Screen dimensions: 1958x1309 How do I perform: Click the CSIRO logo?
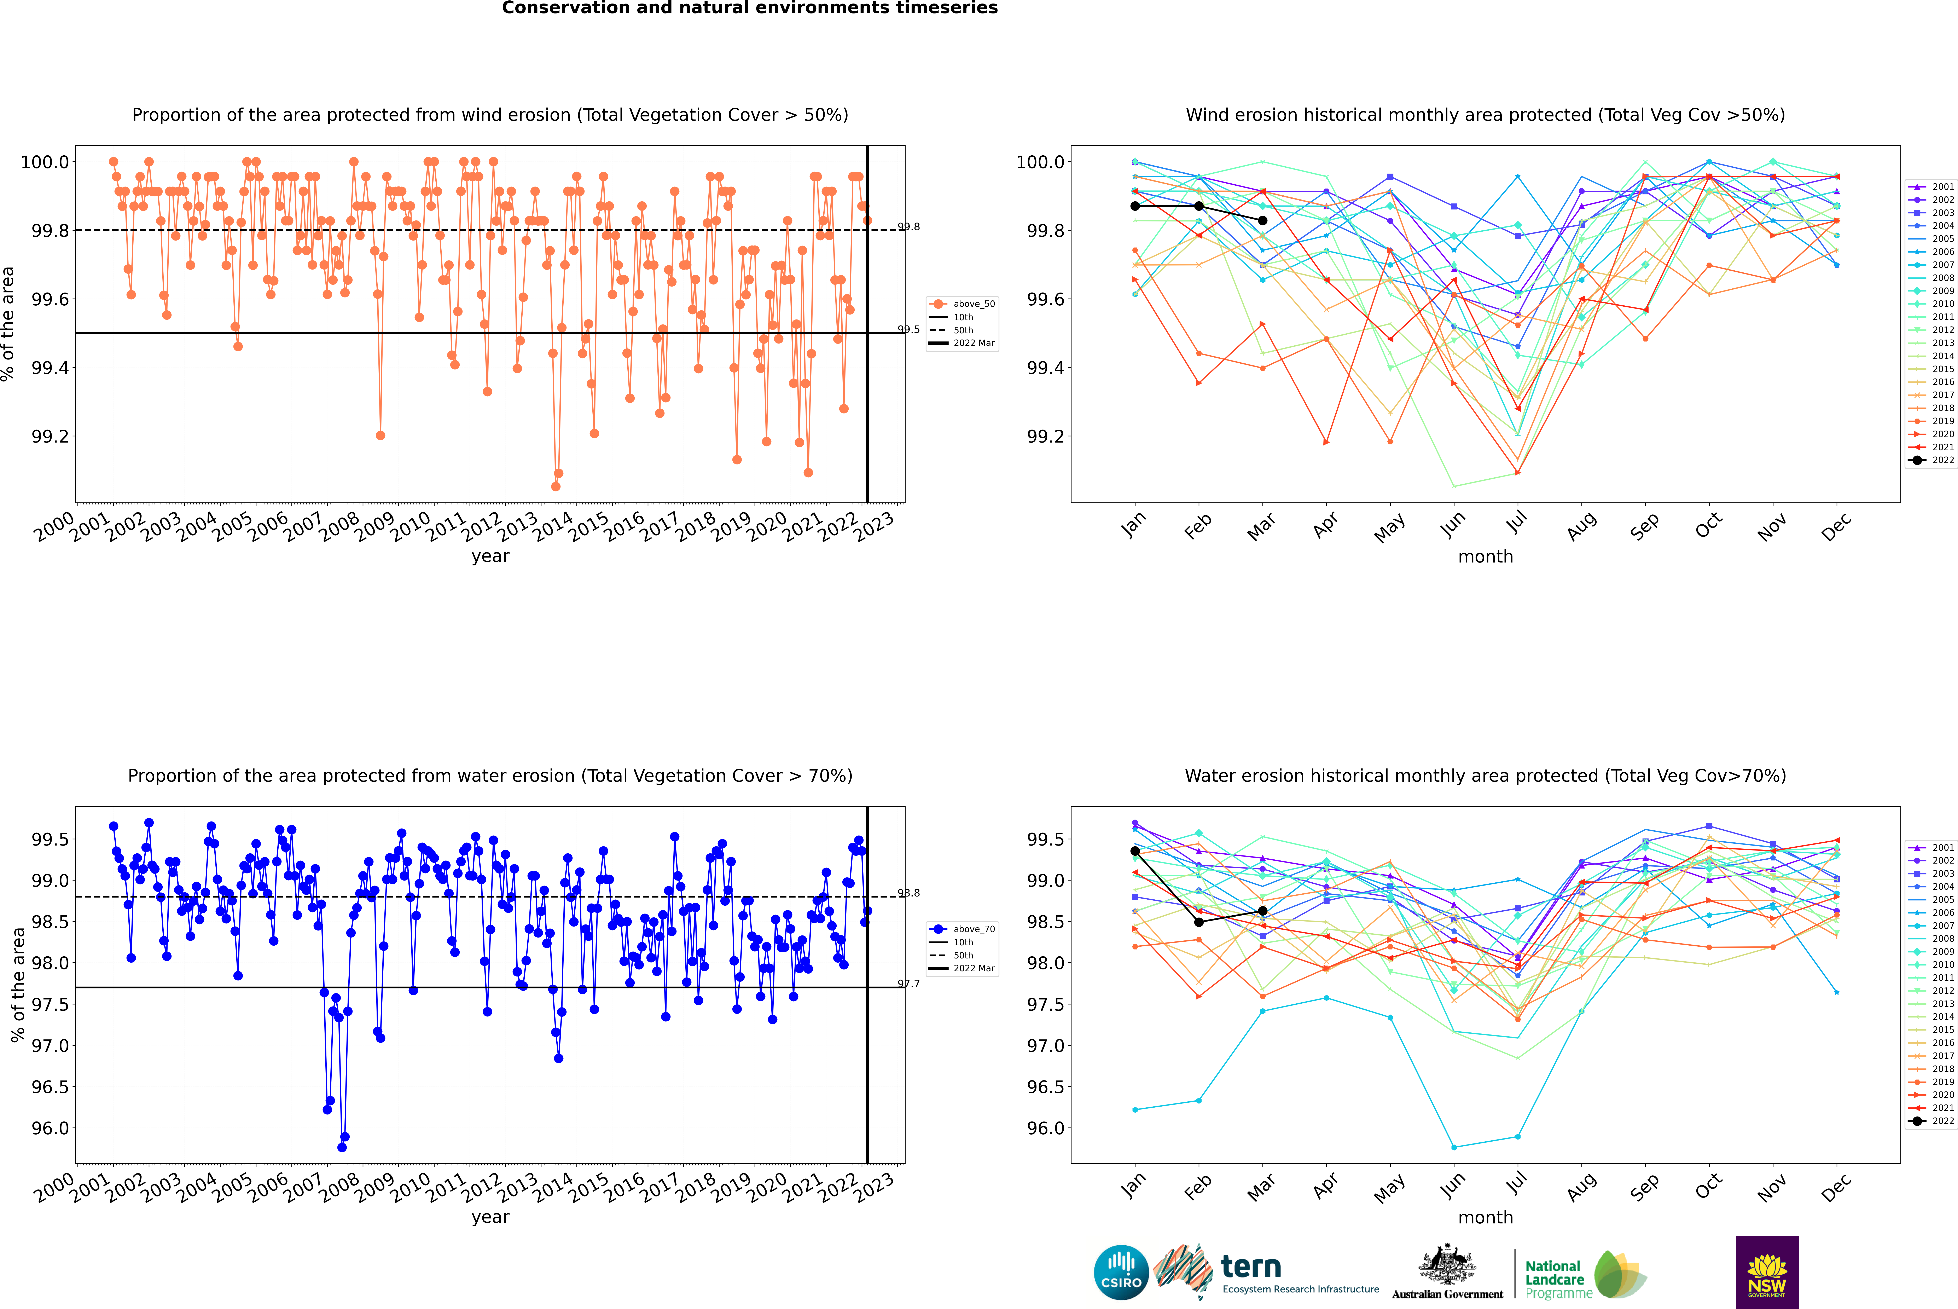click(x=1121, y=1272)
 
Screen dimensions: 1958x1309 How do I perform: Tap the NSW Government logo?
click(x=1767, y=1272)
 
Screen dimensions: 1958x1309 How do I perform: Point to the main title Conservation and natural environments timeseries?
click(x=749, y=8)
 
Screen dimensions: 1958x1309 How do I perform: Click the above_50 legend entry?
click(x=964, y=304)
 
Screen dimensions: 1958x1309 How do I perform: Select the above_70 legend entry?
click(x=964, y=929)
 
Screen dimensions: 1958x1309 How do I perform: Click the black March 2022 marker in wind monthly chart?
click(x=1263, y=220)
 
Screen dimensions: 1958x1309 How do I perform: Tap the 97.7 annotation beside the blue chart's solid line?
click(x=909, y=984)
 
